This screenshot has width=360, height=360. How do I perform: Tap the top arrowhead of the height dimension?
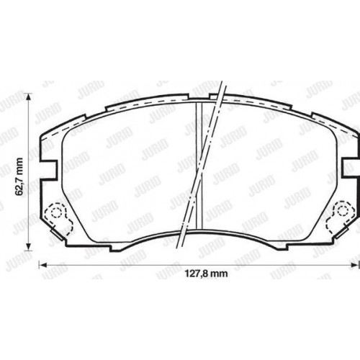(x=28, y=99)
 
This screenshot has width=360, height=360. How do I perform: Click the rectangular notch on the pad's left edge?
(x=48, y=170)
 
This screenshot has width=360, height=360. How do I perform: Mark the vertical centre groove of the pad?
(x=199, y=173)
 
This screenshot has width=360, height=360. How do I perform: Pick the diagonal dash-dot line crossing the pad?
(x=204, y=173)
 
